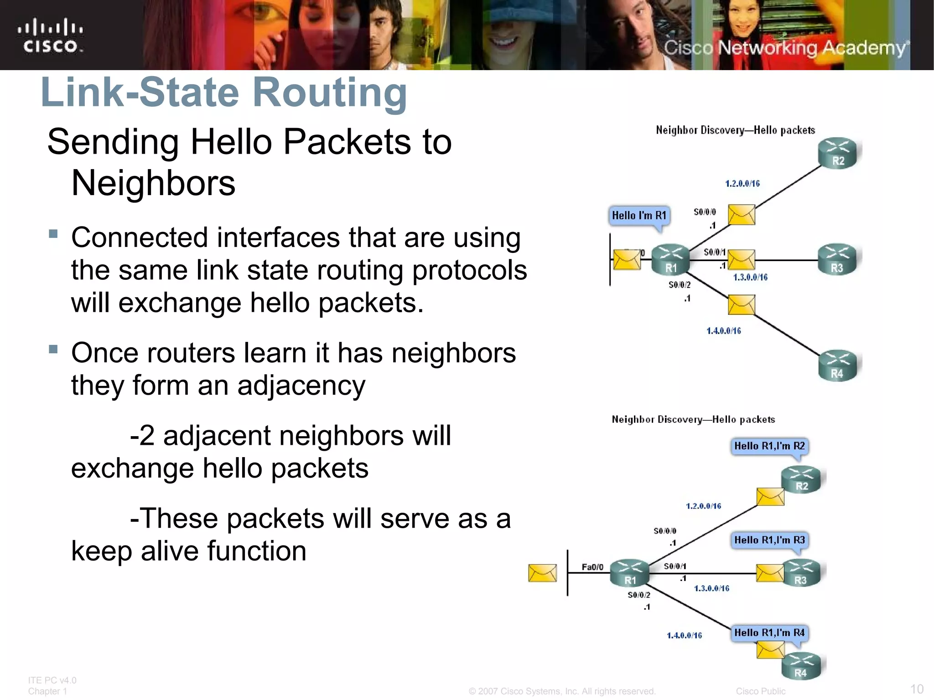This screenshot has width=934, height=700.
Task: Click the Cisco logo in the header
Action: point(50,36)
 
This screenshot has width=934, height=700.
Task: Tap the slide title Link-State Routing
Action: point(223,92)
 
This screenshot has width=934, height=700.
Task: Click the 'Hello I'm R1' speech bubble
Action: point(639,216)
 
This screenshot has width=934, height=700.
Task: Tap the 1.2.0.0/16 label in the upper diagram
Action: point(742,184)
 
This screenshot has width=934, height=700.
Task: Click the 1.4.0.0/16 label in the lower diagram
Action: point(684,635)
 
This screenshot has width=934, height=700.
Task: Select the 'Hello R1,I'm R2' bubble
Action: point(769,446)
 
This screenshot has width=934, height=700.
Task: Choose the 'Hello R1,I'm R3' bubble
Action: point(769,540)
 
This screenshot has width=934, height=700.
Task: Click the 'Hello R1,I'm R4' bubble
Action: point(769,633)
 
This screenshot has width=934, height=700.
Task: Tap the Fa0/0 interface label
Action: point(592,567)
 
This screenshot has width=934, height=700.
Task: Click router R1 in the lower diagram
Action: point(630,573)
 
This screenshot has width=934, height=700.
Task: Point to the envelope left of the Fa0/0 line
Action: point(542,573)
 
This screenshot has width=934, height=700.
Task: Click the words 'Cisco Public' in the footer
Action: point(760,691)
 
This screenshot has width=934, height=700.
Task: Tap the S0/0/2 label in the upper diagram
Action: point(680,285)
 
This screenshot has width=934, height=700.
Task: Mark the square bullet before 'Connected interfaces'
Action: point(53,234)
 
